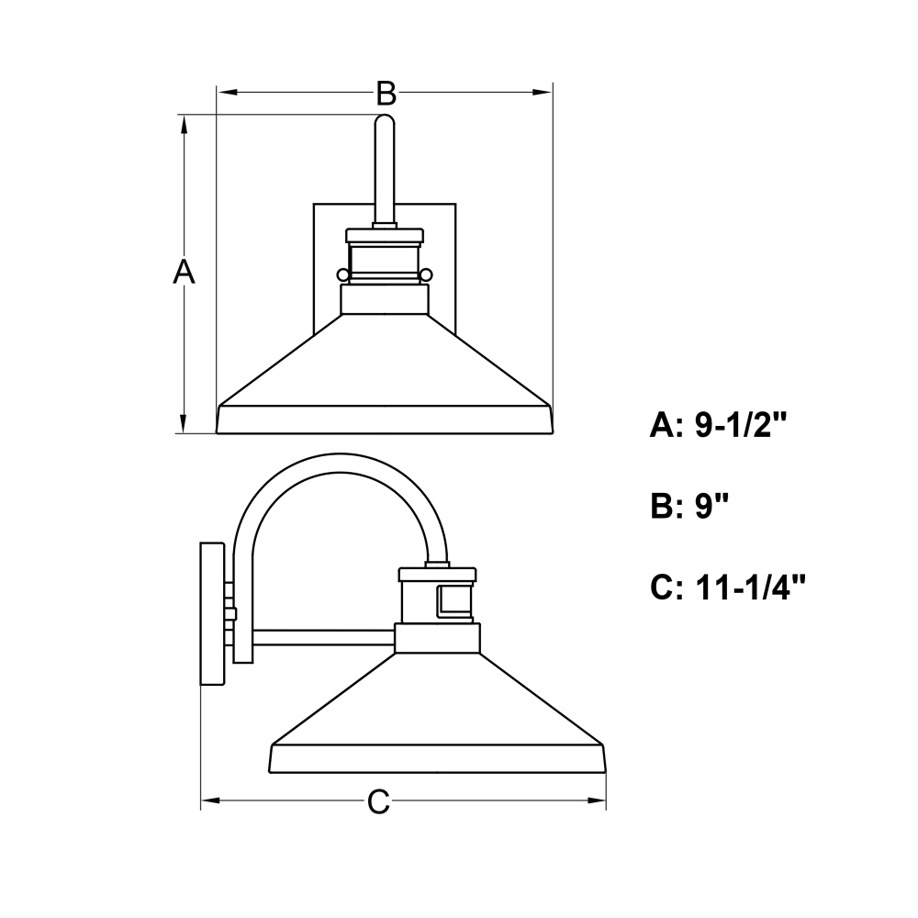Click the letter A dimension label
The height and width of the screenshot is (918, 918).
tap(184, 272)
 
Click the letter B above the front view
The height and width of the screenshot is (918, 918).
tap(386, 93)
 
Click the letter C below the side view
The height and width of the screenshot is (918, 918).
tap(379, 801)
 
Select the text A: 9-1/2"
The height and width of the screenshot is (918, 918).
tap(718, 424)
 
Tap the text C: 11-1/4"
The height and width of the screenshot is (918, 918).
tap(728, 587)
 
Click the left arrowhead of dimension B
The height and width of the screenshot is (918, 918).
tap(227, 92)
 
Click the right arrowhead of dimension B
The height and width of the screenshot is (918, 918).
tap(543, 92)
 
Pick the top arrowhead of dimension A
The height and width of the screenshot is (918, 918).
tap(184, 125)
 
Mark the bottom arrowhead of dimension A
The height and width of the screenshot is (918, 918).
tap(184, 424)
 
